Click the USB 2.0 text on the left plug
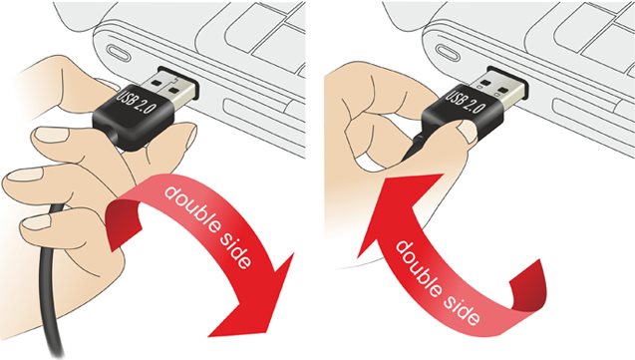click(x=137, y=102)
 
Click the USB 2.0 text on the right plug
click(x=466, y=103)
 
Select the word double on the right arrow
click(x=421, y=268)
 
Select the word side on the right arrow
click(x=465, y=309)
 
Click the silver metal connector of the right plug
click(x=499, y=87)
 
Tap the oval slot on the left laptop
click(x=119, y=53)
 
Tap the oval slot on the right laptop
click(x=448, y=54)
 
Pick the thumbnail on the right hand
click(x=469, y=133)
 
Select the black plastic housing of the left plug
click(x=135, y=118)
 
